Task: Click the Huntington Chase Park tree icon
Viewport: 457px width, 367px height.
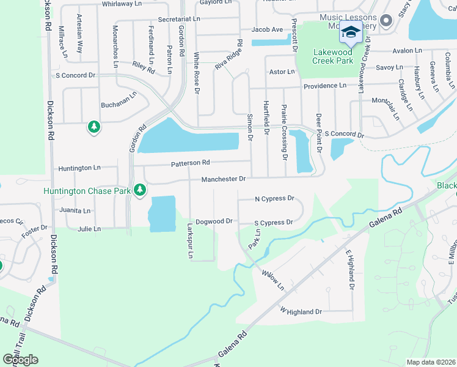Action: [x=140, y=190]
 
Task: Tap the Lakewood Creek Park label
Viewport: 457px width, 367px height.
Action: [x=333, y=56]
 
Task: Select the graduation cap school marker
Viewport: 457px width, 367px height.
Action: [x=351, y=32]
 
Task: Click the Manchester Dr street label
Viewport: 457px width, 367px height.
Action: [x=224, y=179]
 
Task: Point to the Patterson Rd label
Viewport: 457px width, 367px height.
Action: [x=190, y=163]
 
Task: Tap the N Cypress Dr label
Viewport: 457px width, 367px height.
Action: [x=274, y=199]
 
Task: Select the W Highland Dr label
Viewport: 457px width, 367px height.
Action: [x=301, y=312]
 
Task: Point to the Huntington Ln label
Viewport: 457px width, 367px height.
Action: [x=79, y=168]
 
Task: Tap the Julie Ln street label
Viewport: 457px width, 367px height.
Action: [x=89, y=229]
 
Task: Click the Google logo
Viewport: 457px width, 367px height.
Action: [x=20, y=360]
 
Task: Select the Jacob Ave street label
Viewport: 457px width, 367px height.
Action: [x=267, y=29]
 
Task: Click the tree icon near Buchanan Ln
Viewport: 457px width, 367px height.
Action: [x=93, y=127]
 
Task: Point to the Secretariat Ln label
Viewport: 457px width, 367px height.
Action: [x=179, y=20]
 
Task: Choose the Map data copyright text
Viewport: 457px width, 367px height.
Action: [x=431, y=362]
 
